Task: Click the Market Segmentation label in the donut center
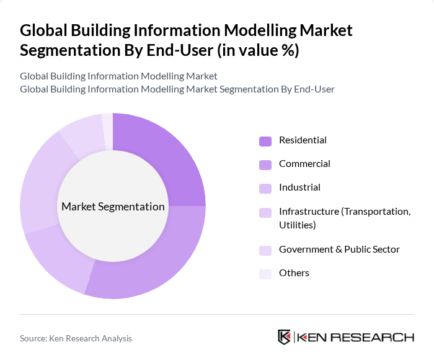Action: coord(113,207)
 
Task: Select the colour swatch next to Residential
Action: coord(265,141)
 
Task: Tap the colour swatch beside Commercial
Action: coord(265,164)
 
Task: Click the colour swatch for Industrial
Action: coord(265,188)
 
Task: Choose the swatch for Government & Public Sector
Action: coord(265,250)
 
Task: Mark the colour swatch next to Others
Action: coord(265,274)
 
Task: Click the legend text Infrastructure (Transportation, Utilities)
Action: coord(345,218)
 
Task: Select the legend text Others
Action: coord(294,273)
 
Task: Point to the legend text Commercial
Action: coord(304,164)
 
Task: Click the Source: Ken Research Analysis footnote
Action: coord(76,338)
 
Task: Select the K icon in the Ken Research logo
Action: coord(284,337)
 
